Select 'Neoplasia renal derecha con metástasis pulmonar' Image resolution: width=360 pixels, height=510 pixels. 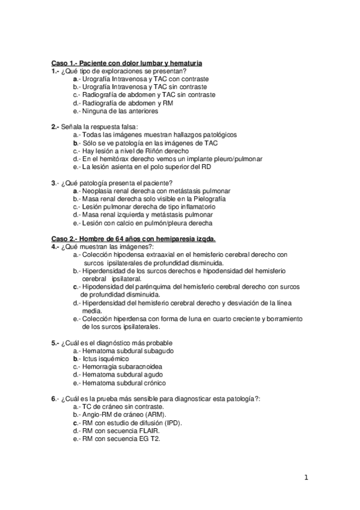(153, 191)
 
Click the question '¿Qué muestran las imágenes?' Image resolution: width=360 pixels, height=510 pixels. (107, 247)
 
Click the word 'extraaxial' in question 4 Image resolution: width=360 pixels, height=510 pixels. (157, 255)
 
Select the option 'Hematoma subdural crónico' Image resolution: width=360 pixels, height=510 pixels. (124, 382)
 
